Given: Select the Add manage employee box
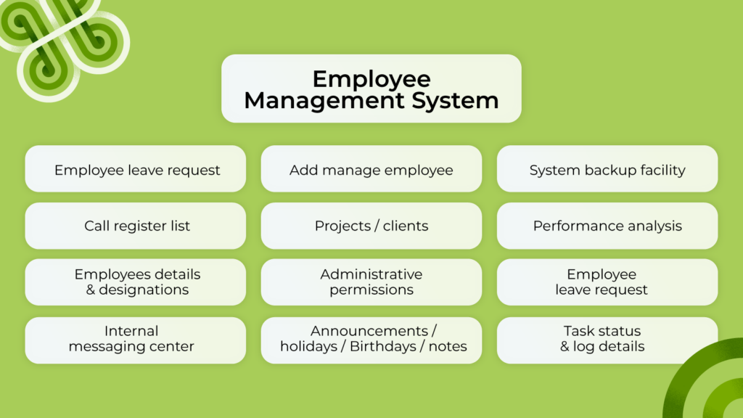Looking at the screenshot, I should (x=371, y=170).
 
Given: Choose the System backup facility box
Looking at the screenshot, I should (x=607, y=170).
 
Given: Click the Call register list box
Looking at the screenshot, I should (x=136, y=226).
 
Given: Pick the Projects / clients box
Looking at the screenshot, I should (x=371, y=226).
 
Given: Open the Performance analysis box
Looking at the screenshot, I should (x=607, y=226).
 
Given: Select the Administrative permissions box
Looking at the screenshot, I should (x=371, y=282).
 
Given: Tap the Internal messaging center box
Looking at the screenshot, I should (x=136, y=340).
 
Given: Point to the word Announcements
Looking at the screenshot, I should (x=369, y=332).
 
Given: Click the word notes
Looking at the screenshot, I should (x=448, y=347).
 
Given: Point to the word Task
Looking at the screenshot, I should (x=579, y=332).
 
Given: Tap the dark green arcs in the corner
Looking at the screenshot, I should (x=707, y=385).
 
